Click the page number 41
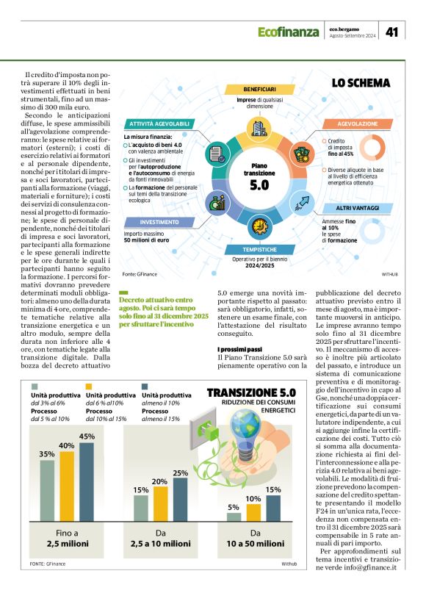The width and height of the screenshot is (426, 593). point(392,32)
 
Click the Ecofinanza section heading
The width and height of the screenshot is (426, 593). point(288,32)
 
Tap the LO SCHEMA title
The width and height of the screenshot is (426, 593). point(361,83)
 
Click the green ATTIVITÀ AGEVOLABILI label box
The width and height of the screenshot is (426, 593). point(159,123)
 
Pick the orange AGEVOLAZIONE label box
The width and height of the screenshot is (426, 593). point(355,124)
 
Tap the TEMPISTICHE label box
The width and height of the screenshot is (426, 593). point(256,250)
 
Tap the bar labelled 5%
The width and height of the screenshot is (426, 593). point(233,516)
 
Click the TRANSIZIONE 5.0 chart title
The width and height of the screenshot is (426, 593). point(251,393)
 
